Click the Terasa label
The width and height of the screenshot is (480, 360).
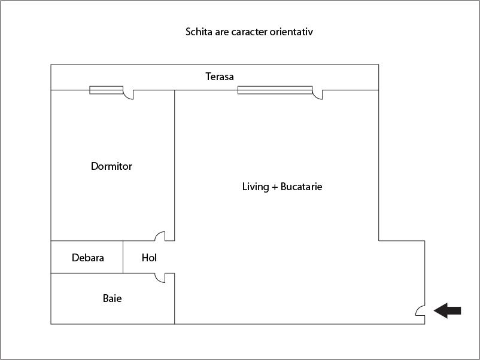[x=220, y=77]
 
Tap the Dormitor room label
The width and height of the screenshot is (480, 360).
[x=111, y=166]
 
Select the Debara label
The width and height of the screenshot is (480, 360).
[x=88, y=258]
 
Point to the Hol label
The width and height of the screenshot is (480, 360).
[x=149, y=258]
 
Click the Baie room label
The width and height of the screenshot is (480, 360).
[x=112, y=298]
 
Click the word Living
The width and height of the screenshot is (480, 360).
[x=256, y=187]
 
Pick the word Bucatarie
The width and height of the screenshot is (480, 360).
[x=301, y=187]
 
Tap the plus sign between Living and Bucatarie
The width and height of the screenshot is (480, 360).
[x=275, y=187]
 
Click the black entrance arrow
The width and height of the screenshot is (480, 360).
[x=448, y=311]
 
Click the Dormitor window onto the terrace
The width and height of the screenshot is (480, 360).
[x=106, y=90]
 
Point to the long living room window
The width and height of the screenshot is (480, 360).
[x=275, y=90]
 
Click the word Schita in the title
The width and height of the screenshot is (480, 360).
[x=199, y=32]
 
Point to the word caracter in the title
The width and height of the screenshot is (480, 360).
[x=250, y=32]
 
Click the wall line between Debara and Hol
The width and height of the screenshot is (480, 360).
[x=123, y=257]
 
